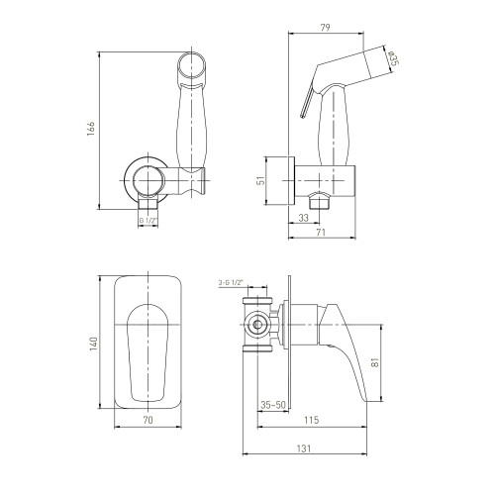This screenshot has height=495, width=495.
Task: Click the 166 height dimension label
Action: tap(91, 128)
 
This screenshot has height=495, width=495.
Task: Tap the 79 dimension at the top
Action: tap(326, 28)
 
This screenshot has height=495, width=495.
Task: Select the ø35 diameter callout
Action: tap(391, 58)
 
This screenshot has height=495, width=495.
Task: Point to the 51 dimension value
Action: tap(261, 180)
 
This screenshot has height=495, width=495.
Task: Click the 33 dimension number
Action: tap(303, 218)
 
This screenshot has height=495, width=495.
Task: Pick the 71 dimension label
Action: tap(321, 232)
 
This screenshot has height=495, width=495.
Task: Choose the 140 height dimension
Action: tap(93, 344)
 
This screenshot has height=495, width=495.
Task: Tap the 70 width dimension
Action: tap(148, 420)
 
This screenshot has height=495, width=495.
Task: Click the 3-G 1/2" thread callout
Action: tap(231, 282)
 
